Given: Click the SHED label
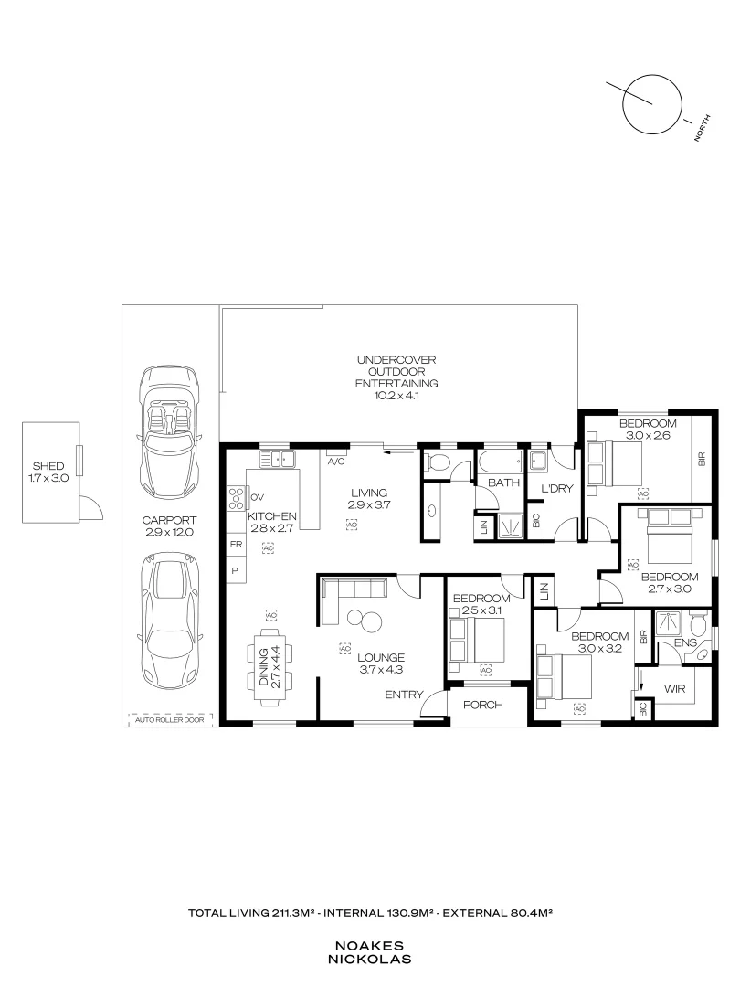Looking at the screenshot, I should tap(50, 466).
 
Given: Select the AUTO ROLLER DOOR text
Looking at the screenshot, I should tap(170, 719).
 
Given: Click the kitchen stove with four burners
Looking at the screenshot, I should tap(237, 497).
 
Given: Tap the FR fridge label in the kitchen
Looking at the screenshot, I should tap(236, 544).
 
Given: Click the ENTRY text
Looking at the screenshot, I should tap(403, 695).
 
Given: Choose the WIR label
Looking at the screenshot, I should tap(674, 688).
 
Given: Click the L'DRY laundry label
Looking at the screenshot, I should tap(555, 488).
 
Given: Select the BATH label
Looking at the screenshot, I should tap(502, 482).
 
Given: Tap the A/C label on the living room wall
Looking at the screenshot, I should tap(336, 462).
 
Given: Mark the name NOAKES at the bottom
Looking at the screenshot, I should tap(370, 947).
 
